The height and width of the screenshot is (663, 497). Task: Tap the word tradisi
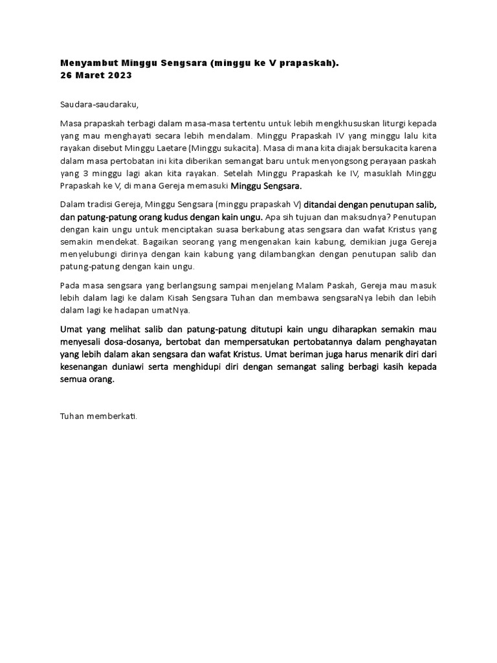click(104, 204)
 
